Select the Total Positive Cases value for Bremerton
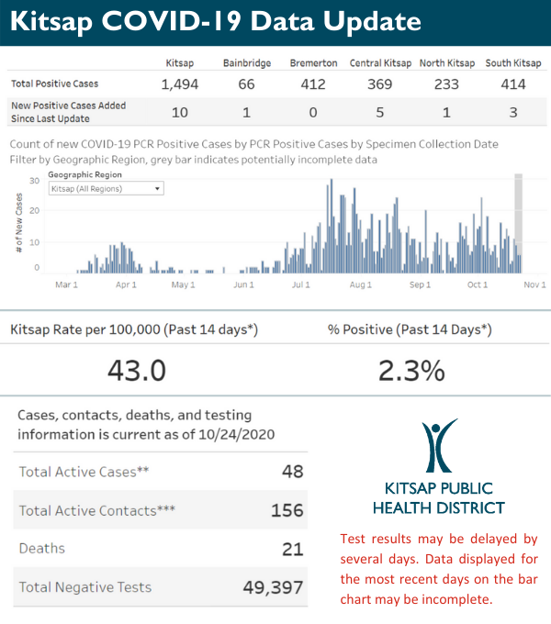pyautogui.click(x=309, y=84)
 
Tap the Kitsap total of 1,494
pyautogui.click(x=179, y=84)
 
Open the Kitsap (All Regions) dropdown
pyautogui.click(x=106, y=188)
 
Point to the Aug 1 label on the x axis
pyautogui.click(x=361, y=285)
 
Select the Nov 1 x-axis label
pyautogui.click(x=535, y=285)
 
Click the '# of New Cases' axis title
pyautogui.click(x=19, y=224)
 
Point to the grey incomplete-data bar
pyautogui.click(x=518, y=220)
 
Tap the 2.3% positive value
pyautogui.click(x=411, y=370)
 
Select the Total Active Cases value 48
pyautogui.click(x=292, y=472)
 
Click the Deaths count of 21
pyautogui.click(x=292, y=548)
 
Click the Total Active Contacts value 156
pyautogui.click(x=287, y=510)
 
